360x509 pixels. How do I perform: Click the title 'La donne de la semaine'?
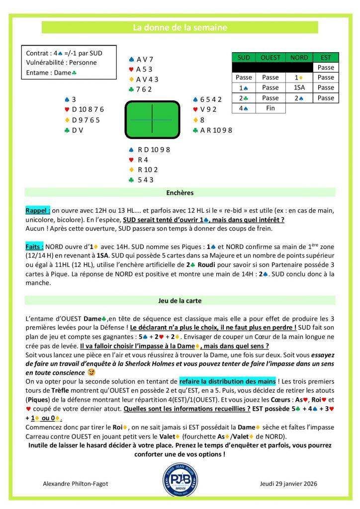coord(180,28)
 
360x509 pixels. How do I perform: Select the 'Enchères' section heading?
coord(180,191)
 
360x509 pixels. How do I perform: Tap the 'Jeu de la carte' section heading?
coord(180,300)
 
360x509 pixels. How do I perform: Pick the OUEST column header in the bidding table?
coord(270,57)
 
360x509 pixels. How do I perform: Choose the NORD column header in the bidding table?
coord(299,57)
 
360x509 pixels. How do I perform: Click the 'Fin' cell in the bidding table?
coord(270,108)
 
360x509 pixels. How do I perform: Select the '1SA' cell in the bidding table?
coord(299,87)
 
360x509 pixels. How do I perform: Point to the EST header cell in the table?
coord(326,57)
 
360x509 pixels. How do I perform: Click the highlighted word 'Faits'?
coord(34,246)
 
